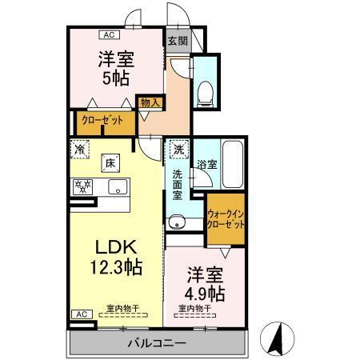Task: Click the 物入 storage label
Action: (x=149, y=102)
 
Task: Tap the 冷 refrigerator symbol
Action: (x=80, y=148)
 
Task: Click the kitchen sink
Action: (x=117, y=189)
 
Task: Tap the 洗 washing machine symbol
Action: (x=178, y=149)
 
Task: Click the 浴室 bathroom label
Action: (x=207, y=163)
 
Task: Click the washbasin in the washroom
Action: (x=175, y=223)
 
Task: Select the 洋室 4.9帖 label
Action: (x=204, y=280)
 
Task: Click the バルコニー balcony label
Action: (x=157, y=342)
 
